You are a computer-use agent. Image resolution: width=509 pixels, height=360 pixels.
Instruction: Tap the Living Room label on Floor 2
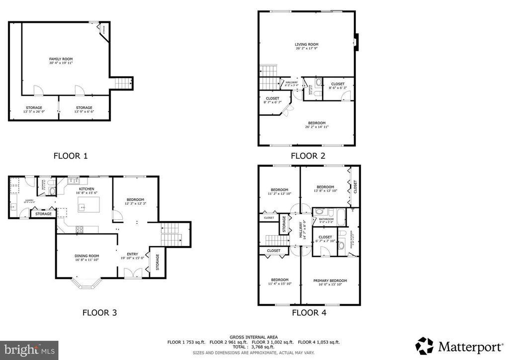(306, 45)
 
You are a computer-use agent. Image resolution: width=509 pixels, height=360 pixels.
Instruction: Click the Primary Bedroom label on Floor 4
(330, 280)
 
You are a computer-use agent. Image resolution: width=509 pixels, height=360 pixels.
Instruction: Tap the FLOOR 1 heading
(71, 156)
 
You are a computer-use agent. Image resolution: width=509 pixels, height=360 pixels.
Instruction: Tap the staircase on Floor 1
(121, 83)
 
